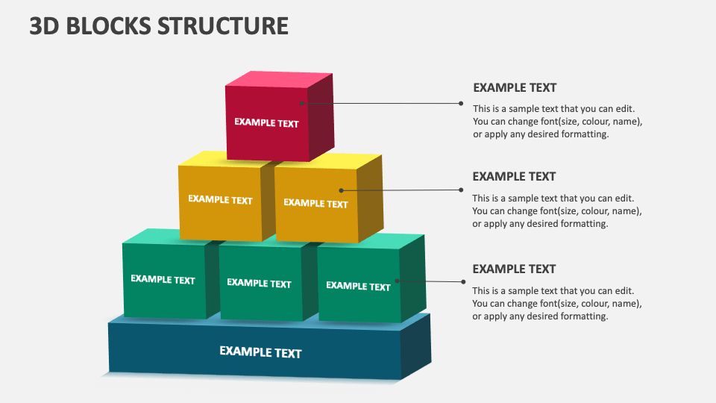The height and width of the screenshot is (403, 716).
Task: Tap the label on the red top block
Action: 266,123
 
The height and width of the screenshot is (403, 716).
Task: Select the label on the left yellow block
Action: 220,200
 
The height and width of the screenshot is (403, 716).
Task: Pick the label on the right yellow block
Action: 315,203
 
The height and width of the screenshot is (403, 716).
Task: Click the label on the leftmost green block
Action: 163,280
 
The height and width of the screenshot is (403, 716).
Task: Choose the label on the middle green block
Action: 259,283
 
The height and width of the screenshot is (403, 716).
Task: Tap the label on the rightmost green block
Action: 358,286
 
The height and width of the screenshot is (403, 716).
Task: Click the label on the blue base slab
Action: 260,352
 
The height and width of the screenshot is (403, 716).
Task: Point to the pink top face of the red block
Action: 279,79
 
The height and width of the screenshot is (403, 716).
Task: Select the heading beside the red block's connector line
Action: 515,87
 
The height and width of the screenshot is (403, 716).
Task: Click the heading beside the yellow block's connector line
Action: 514,176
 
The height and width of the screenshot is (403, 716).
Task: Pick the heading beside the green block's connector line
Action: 514,269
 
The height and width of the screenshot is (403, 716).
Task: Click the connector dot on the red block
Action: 302,103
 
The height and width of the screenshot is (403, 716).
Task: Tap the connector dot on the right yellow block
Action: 342,190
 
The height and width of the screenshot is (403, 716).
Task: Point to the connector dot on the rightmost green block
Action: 397,281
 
